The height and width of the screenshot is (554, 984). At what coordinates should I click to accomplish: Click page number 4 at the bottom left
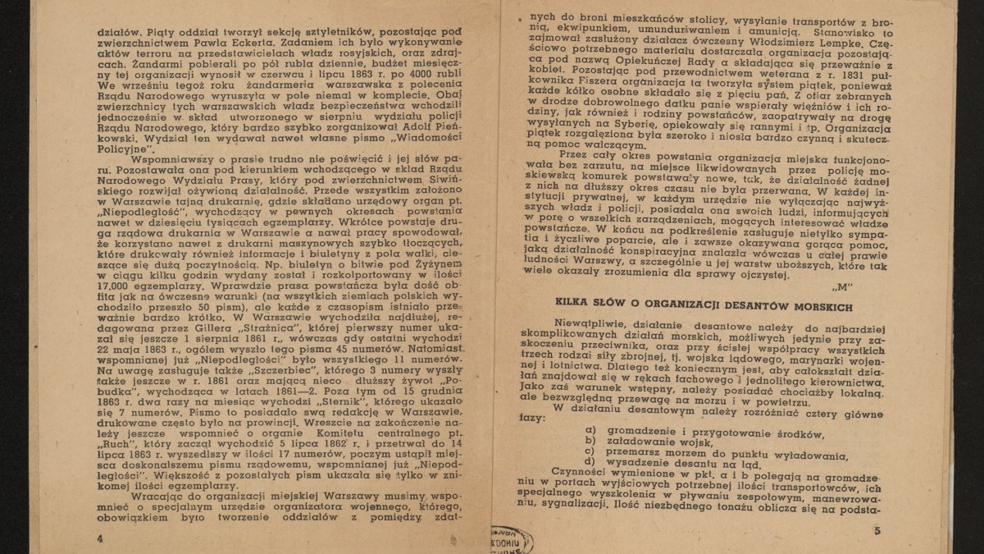[x=99, y=537]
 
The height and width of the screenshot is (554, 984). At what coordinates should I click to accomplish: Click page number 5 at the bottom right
[x=876, y=531]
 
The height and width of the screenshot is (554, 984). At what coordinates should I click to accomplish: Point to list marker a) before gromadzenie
[x=589, y=432]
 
